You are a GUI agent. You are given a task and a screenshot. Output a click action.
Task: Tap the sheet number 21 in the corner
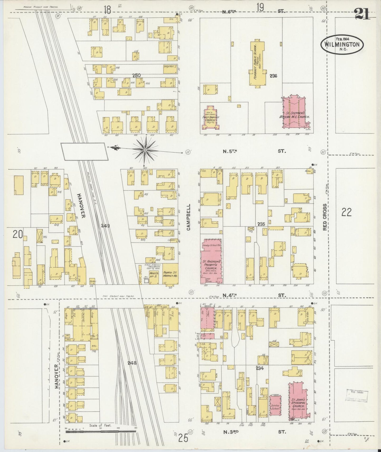(363, 14)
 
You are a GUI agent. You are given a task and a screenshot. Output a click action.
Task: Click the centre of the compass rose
(145, 150)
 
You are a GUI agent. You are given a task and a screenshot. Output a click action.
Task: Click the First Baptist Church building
(210, 118)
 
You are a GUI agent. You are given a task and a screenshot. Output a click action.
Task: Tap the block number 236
(273, 76)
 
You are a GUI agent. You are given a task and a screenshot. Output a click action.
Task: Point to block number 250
(136, 75)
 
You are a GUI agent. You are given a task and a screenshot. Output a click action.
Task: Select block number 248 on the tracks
(132, 363)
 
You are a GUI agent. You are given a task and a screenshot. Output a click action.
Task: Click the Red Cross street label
(325, 217)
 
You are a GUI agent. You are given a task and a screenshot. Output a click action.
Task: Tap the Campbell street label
(189, 217)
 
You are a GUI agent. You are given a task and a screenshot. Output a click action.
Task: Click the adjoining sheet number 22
(346, 212)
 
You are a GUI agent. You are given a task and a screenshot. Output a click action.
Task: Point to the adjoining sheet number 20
(18, 234)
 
